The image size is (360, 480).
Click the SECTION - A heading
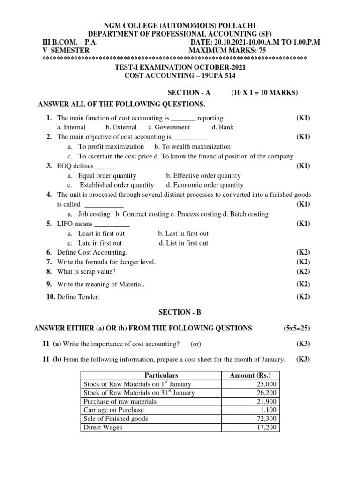pyautogui.click(x=187, y=93)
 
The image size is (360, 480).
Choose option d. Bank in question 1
pyautogui.click(x=222, y=127)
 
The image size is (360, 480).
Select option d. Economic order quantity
pyautogui.click(x=205, y=185)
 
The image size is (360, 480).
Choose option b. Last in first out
pyautogui.click(x=183, y=233)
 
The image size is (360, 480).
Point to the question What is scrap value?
pyautogui.click(x=86, y=271)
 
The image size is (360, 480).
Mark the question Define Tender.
pyautogui.click(x=78, y=297)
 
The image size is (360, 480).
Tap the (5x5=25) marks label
pyautogui.click(x=296, y=328)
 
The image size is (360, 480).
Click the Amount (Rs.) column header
pyautogui.click(x=250, y=375)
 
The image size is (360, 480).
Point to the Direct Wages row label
pyautogui.click(x=103, y=427)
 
